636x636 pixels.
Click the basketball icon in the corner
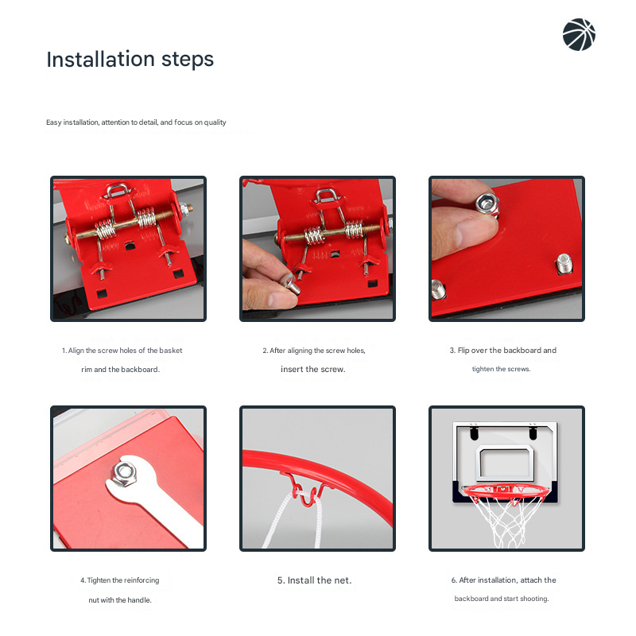[579, 35]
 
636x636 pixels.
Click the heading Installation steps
[130, 60]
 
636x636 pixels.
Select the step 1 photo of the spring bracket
[128, 248]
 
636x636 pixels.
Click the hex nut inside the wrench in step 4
[123, 474]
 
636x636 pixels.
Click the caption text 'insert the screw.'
[312, 370]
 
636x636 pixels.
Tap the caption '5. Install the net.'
[314, 580]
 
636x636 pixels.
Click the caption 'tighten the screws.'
[501, 370]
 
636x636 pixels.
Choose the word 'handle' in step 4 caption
[139, 600]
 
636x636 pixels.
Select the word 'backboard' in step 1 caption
[141, 370]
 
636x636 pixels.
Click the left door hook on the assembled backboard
[475, 433]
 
